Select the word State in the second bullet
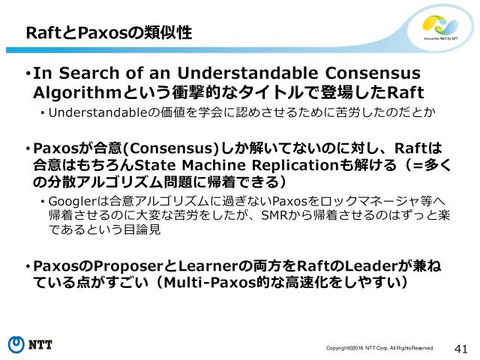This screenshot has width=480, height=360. coord(159,165)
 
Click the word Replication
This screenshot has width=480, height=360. coord(291,165)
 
